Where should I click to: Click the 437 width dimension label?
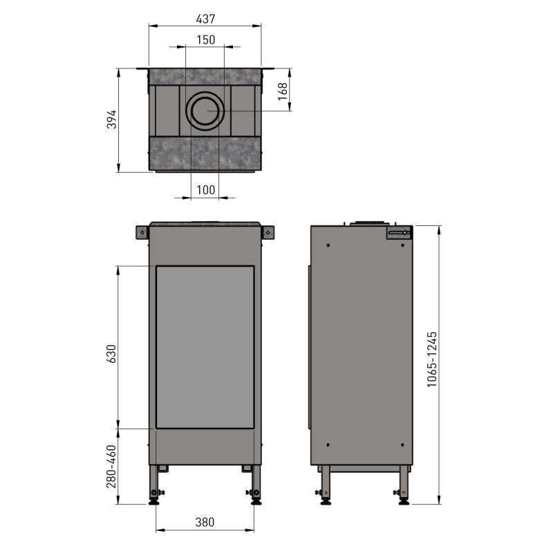pyautogui.click(x=205, y=19)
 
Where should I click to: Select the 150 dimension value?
pyautogui.click(x=205, y=40)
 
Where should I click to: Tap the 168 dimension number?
pyautogui.click(x=283, y=91)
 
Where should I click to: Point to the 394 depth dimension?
pyautogui.click(x=111, y=119)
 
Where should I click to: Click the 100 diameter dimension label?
pyautogui.click(x=205, y=190)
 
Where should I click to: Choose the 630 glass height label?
pyautogui.click(x=111, y=354)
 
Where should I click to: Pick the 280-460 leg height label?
pyautogui.click(x=111, y=467)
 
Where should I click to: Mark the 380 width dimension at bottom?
pyautogui.click(x=205, y=522)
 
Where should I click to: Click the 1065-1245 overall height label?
pyautogui.click(x=431, y=359)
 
